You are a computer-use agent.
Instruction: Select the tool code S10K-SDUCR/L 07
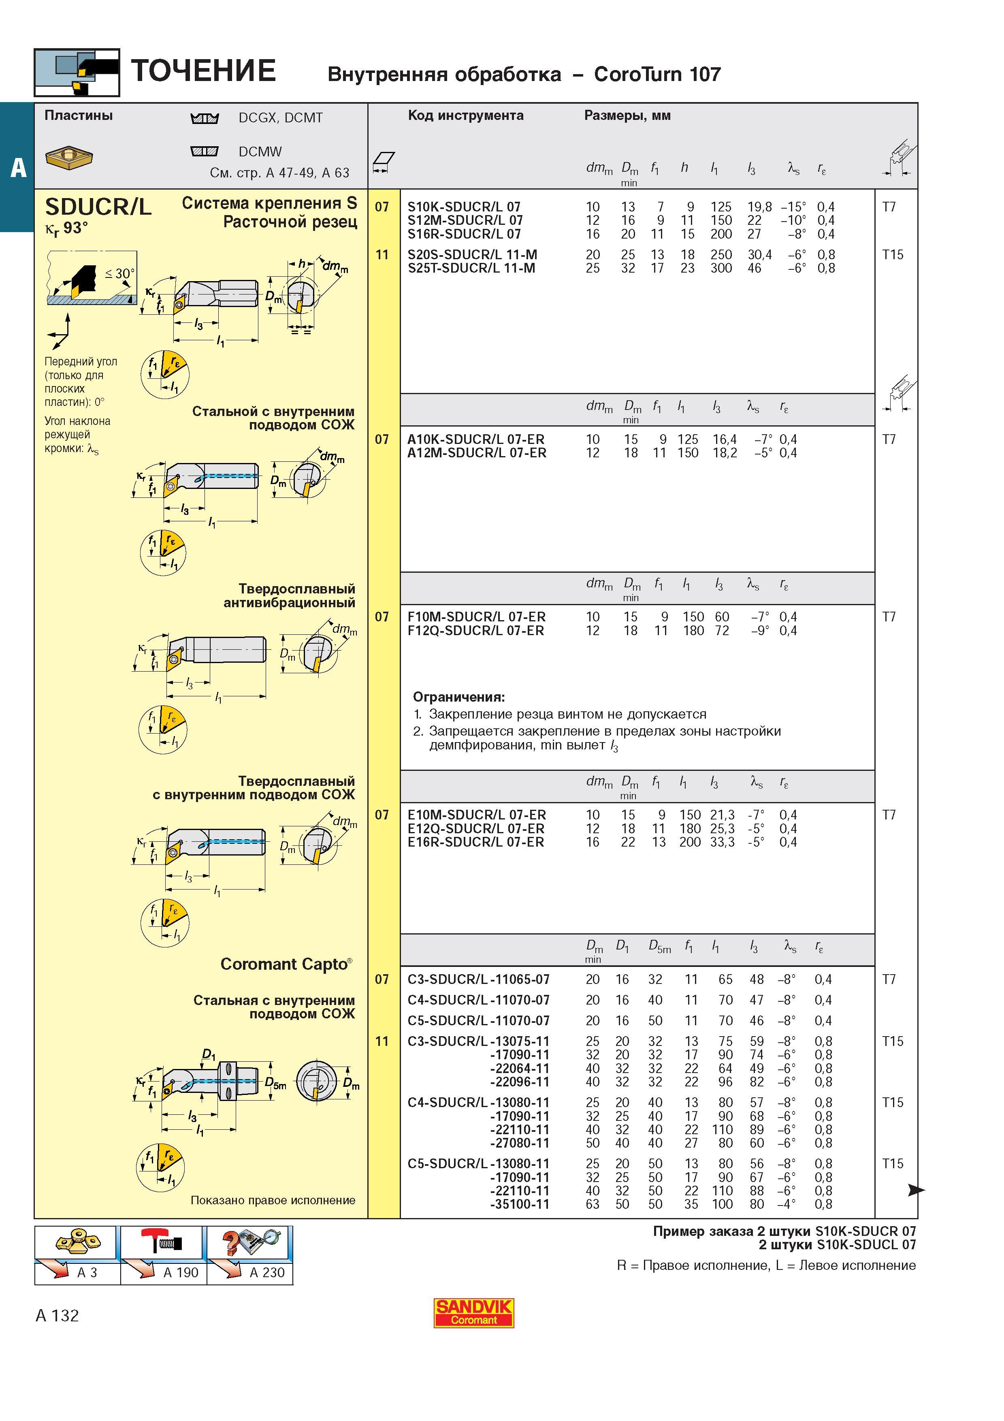click(x=464, y=207)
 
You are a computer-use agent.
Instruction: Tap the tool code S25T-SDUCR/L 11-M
click(x=471, y=268)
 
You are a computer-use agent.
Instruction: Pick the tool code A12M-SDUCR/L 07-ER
click(x=476, y=453)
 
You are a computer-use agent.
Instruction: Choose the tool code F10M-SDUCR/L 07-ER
click(x=476, y=617)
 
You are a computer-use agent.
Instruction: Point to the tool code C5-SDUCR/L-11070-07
click(x=478, y=1020)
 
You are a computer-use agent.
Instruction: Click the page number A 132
click(x=58, y=1316)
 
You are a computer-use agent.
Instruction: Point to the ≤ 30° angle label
click(x=120, y=273)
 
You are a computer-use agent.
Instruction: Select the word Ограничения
click(x=459, y=698)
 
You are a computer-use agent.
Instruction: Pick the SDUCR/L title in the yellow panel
click(x=98, y=207)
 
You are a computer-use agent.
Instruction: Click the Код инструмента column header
click(x=466, y=116)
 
